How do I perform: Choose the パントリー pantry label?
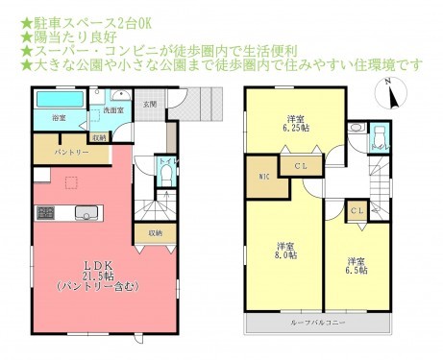(x=72, y=152)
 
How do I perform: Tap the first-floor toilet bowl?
(x=164, y=177)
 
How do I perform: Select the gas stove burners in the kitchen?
(x=44, y=211)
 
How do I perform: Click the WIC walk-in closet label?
(x=263, y=176)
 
